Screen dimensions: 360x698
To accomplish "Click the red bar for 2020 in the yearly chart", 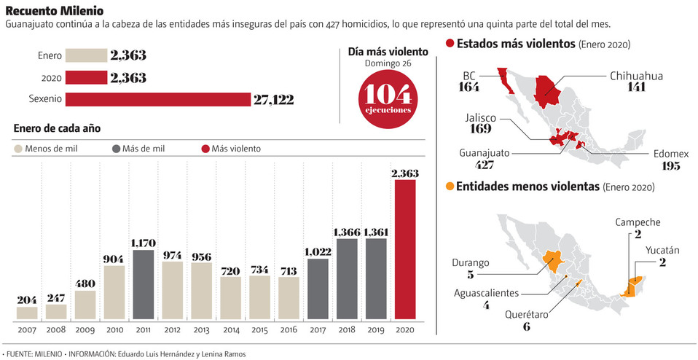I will click(x=405, y=250).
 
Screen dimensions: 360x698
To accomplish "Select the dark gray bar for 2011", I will click(x=144, y=285).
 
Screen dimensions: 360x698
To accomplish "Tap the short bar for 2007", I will click(x=27, y=313).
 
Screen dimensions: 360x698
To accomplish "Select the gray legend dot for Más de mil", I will click(x=117, y=149).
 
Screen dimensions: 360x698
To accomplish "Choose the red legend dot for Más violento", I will click(x=205, y=149).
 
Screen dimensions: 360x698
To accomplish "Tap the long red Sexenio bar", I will click(x=158, y=99).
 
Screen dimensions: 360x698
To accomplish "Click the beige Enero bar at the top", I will click(x=86, y=55).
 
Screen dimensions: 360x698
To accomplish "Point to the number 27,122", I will click(x=273, y=100).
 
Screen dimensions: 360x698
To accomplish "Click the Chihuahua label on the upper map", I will click(x=636, y=75).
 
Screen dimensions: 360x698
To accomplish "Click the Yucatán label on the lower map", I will click(x=662, y=251).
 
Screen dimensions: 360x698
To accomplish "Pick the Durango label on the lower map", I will click(x=470, y=262).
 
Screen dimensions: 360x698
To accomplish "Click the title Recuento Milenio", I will click(x=54, y=11).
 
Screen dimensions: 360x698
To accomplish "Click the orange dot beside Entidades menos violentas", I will click(x=449, y=187).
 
